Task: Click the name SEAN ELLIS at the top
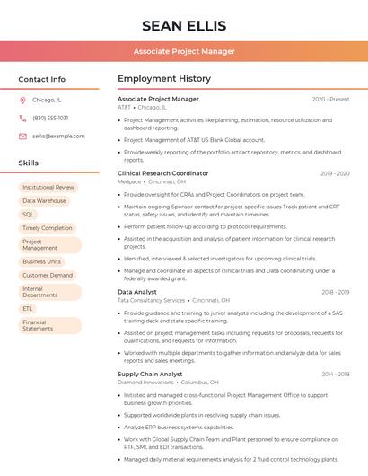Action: click(x=184, y=25)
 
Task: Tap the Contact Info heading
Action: click(x=42, y=79)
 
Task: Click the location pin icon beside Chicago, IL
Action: click(x=22, y=101)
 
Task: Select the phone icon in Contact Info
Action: click(x=22, y=118)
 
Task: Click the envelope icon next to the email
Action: click(x=22, y=136)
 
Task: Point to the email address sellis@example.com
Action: click(x=58, y=136)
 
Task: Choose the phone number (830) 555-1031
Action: click(x=50, y=118)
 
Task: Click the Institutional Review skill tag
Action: click(x=48, y=188)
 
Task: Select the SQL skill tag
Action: click(x=28, y=215)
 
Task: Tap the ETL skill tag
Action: click(x=28, y=308)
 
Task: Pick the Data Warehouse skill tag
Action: click(x=44, y=201)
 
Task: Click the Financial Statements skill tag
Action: click(x=38, y=325)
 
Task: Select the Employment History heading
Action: click(x=164, y=79)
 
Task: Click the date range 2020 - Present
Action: click(x=330, y=99)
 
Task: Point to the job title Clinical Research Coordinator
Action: click(x=162, y=173)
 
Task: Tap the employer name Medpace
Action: click(x=129, y=181)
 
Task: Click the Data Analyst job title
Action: click(x=137, y=292)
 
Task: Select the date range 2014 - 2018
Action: click(x=335, y=374)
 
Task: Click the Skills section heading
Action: click(x=29, y=163)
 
